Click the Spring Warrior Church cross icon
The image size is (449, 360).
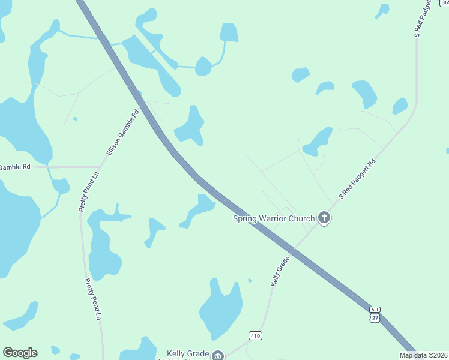pos(324,218)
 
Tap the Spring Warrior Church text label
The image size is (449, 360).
pos(274,218)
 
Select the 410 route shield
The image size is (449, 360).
pos(255,335)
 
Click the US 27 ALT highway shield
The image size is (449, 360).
pos(375,315)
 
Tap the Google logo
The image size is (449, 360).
pos(20,353)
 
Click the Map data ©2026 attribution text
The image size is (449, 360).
pos(424,355)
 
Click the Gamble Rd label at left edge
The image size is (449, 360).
pos(15,167)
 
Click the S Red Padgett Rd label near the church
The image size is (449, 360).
pos(358,178)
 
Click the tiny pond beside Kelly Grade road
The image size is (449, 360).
pos(250,280)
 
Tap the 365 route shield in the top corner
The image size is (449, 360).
pos(445,3)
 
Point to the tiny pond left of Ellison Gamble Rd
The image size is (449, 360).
pos(75,119)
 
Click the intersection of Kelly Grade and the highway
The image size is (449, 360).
pos(292,248)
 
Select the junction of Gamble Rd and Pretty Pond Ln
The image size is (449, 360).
pos(99,167)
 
